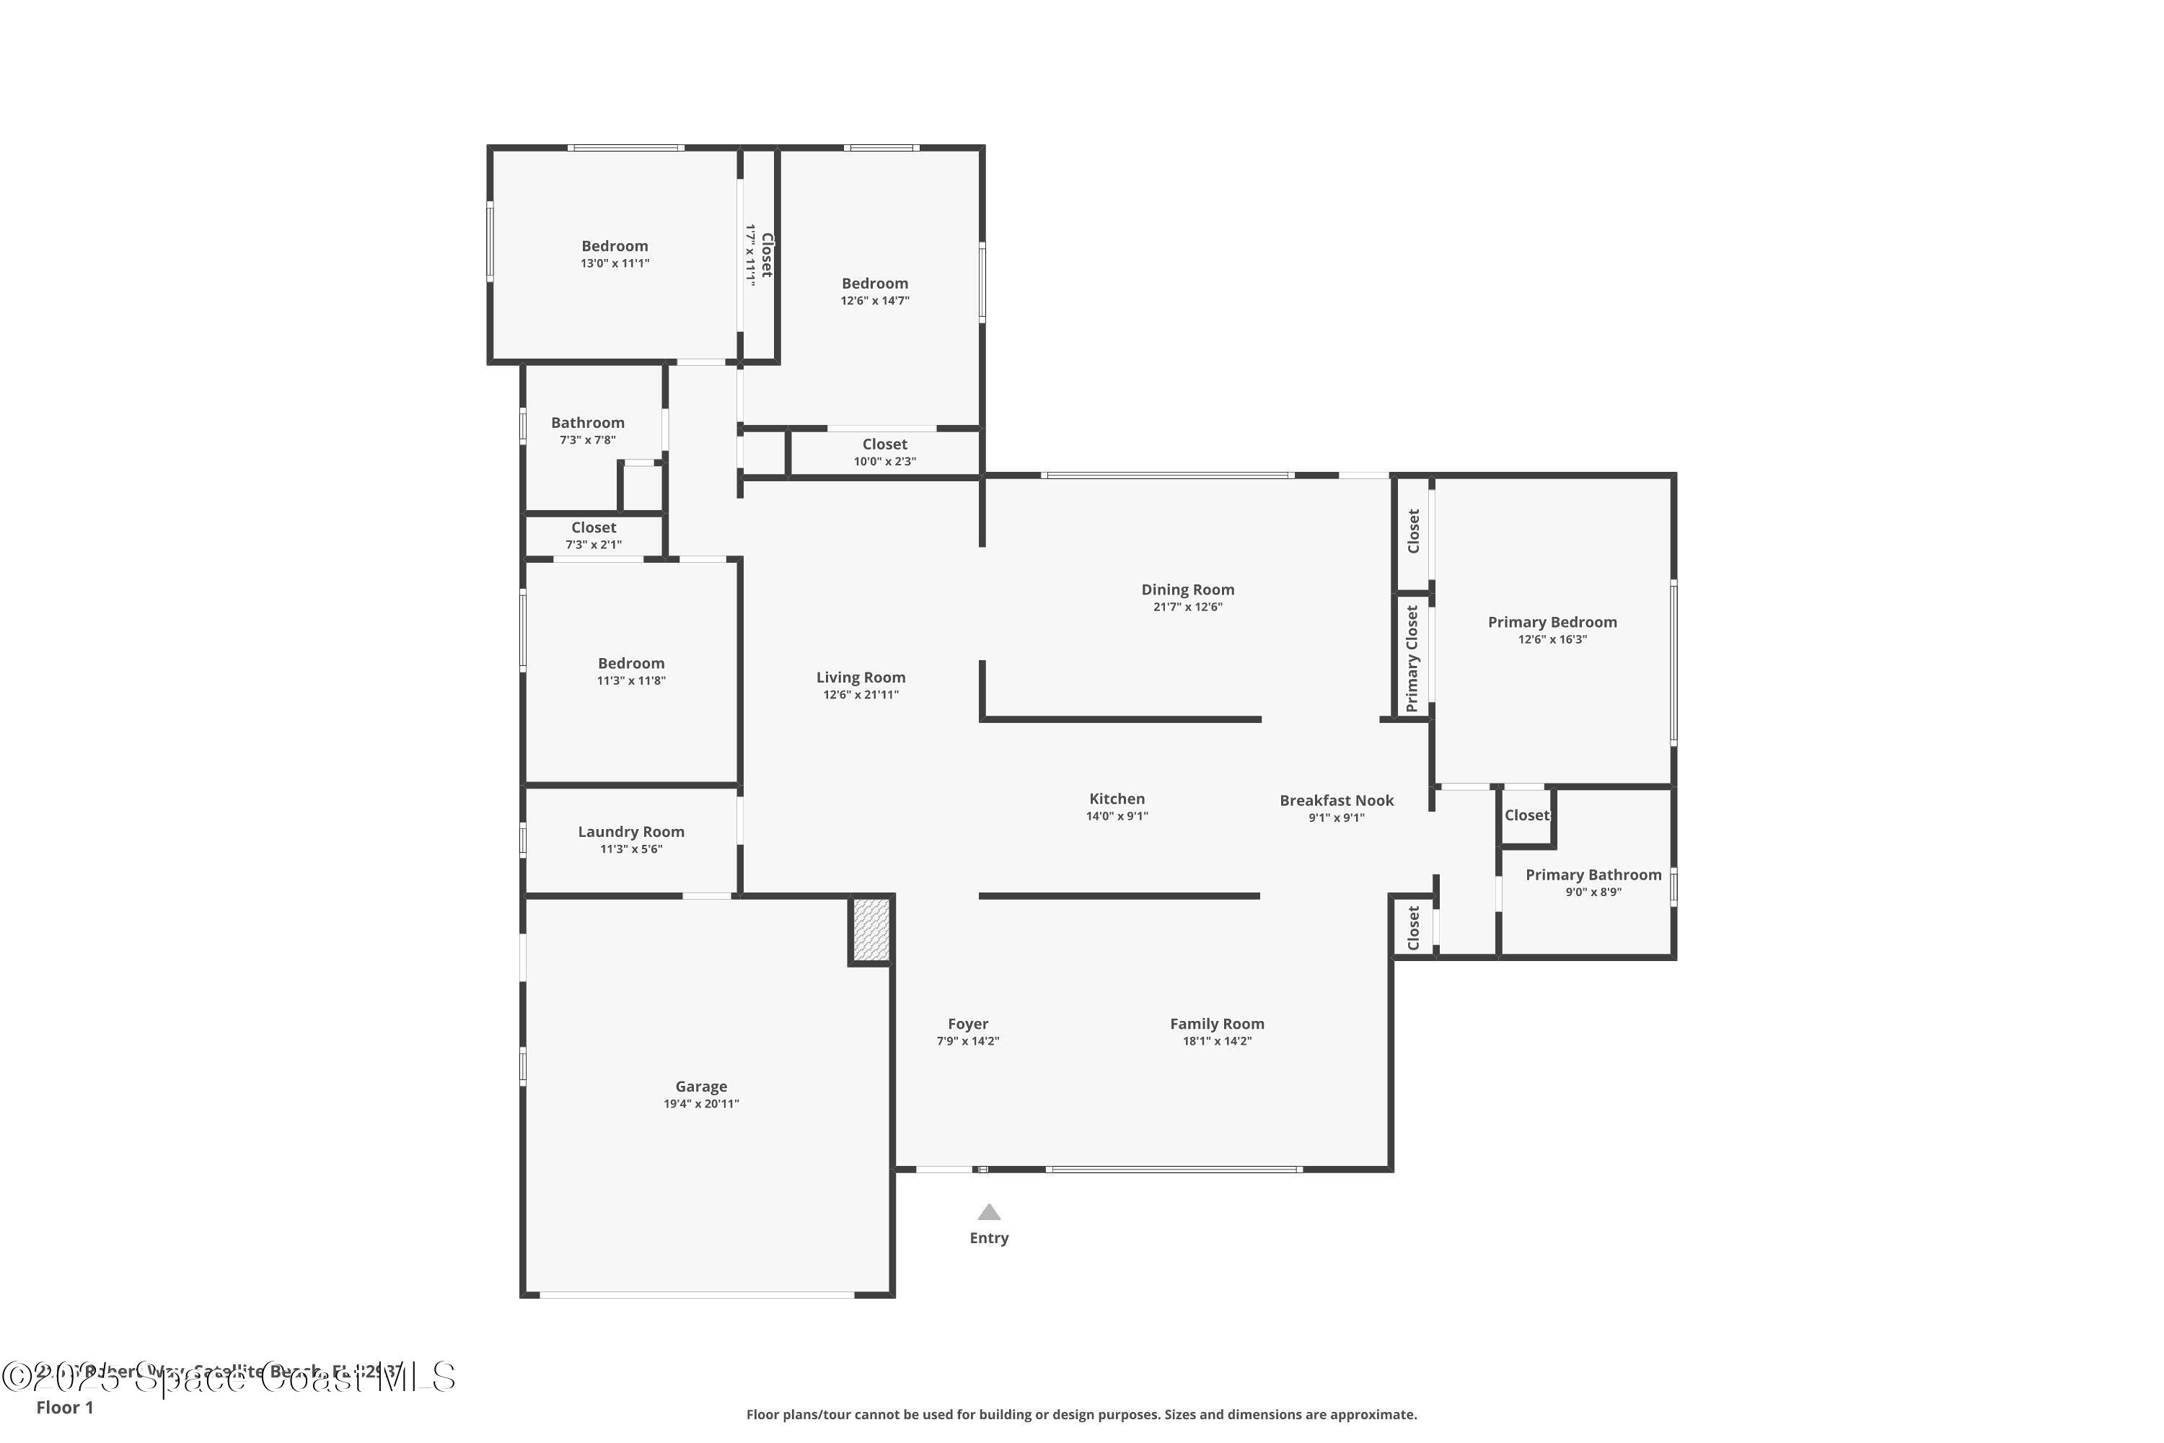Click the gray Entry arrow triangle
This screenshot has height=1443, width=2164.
pos(989,1212)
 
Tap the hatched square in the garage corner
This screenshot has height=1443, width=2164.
pos(871,929)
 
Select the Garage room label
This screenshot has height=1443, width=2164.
pos(701,1086)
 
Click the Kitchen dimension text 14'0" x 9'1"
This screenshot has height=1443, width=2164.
pos(1117,816)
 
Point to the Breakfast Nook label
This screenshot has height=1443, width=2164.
pos(1336,801)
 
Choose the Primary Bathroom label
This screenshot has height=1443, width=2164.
pos(1593,874)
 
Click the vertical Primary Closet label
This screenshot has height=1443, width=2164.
pos(1412,658)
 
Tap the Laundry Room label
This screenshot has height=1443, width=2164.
pos(631,831)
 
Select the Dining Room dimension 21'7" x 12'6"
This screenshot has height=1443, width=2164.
pos(1188,608)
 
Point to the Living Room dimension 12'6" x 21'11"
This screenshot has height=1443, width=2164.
pos(861,695)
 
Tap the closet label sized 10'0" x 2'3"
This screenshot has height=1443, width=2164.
pos(884,444)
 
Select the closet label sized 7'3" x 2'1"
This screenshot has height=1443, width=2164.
pos(594,527)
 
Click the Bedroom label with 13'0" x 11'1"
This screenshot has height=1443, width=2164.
pos(615,246)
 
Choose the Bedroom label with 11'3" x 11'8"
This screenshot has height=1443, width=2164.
pos(631,664)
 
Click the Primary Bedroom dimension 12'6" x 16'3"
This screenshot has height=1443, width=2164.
pos(1552,639)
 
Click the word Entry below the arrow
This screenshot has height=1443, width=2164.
pos(989,1238)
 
